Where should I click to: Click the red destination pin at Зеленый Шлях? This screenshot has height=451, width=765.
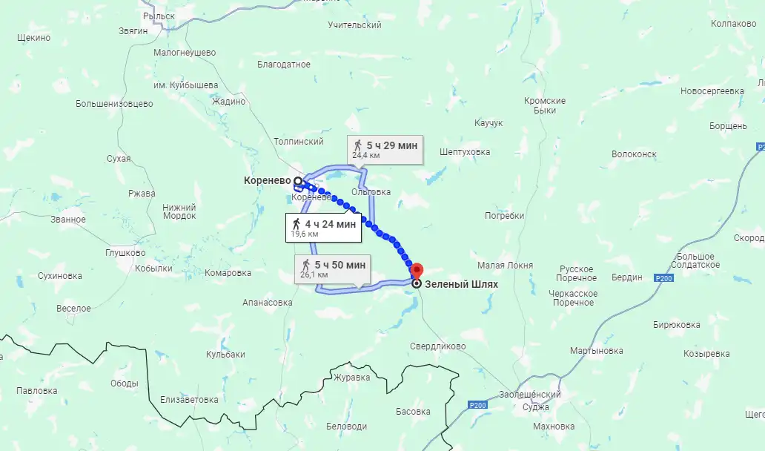[417, 271]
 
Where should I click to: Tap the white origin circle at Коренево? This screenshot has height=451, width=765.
[298, 180]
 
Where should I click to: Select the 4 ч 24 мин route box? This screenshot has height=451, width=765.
[324, 228]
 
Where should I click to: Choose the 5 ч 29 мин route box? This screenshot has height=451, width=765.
[385, 149]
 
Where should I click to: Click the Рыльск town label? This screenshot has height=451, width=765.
[159, 16]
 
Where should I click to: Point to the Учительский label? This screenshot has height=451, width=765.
[354, 25]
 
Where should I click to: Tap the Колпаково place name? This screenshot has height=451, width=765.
[732, 24]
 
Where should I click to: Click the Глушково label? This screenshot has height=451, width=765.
[125, 252]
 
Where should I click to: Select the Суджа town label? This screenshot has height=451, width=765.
[535, 406]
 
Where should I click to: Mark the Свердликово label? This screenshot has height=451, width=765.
[437, 346]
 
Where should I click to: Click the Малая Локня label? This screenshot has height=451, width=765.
[505, 265]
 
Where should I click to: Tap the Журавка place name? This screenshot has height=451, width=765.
[351, 377]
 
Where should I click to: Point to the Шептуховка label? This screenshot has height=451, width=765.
[465, 152]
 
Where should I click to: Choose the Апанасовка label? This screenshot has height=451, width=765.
[267, 303]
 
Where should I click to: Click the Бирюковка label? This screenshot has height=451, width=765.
[676, 325]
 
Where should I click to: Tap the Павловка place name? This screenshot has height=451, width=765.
[36, 390]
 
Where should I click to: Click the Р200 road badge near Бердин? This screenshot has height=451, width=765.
[663, 277]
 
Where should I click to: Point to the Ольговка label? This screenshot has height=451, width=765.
[371, 192]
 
